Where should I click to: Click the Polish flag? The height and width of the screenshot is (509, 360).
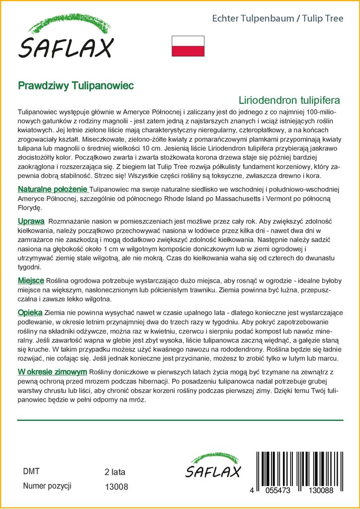188,46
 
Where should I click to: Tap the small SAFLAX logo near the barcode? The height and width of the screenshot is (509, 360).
213,467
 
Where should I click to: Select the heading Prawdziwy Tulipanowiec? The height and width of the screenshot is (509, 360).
76,85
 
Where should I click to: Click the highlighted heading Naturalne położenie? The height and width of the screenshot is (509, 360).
53,189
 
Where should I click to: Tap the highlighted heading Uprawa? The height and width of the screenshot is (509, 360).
31,221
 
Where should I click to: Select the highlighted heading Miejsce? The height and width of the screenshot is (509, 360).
31,281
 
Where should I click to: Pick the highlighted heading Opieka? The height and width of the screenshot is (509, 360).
30,312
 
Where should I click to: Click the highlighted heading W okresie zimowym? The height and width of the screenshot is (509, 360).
53,372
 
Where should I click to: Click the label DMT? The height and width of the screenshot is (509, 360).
31,472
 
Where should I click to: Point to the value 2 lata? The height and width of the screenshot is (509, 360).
115,472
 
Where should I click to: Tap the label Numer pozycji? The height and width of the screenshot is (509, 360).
48,486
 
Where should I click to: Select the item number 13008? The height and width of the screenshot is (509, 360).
117,487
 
